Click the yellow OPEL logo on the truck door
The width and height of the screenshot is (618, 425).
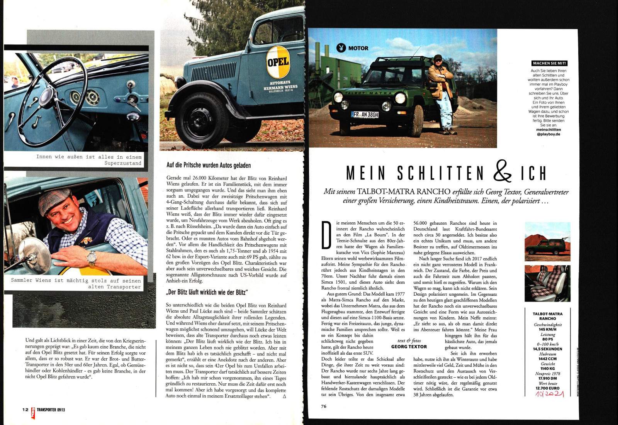[x=278, y=62]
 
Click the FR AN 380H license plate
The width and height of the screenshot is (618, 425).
[x=365, y=115]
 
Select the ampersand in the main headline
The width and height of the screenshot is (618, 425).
[x=503, y=172]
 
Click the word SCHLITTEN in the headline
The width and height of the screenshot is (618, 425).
[x=440, y=173]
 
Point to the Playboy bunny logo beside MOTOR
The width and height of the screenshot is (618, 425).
[x=341, y=48]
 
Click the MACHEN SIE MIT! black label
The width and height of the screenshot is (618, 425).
[x=550, y=63]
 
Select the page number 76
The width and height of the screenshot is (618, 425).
[x=324, y=406]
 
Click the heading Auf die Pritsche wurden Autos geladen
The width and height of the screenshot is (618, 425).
[x=209, y=165]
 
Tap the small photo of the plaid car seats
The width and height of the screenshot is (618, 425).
[x=547, y=283]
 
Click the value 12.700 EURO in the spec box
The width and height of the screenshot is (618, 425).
[x=547, y=388]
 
